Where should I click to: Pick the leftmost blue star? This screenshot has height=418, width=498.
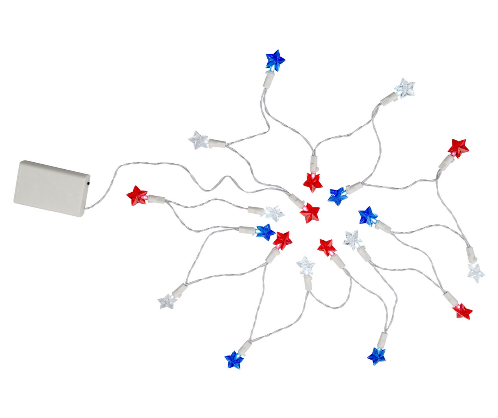point(234,360)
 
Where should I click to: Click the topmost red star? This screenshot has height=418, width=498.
point(458,148)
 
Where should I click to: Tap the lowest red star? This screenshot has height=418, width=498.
point(462,311)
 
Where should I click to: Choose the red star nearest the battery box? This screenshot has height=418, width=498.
point(137,195)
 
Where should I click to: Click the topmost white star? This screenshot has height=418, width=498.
point(405,88)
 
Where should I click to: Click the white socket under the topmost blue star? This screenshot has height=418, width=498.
point(268,79)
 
